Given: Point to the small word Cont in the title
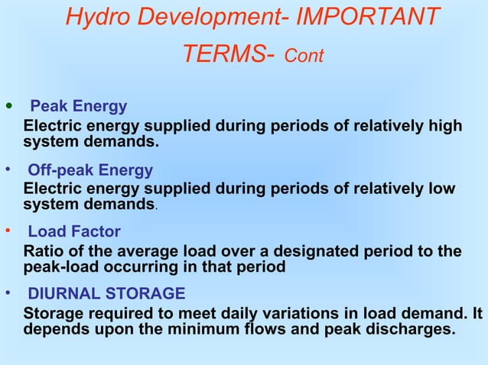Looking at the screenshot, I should (304, 57).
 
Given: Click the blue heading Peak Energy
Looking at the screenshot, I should (78, 106).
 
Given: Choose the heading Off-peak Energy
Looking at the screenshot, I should (90, 170).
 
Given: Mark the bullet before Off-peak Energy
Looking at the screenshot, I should (8, 169).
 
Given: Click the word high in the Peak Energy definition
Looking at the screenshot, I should (445, 126).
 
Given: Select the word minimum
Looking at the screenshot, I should (229, 330).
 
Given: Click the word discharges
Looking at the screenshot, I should (410, 330).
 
